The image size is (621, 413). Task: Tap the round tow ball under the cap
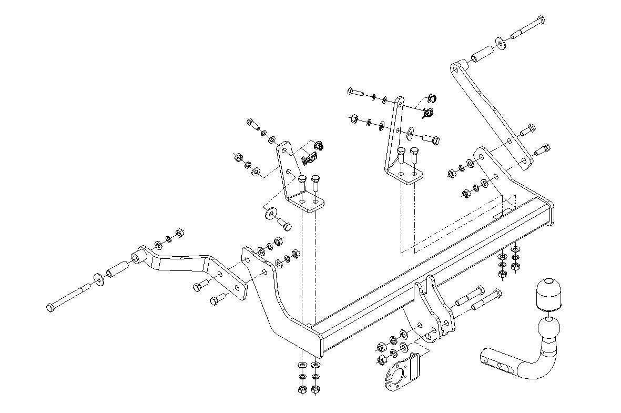548,331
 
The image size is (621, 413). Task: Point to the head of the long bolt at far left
50,307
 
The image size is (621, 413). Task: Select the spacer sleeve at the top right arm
481,54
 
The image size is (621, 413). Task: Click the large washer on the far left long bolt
98,279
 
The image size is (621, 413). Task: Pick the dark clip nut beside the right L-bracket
429,111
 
